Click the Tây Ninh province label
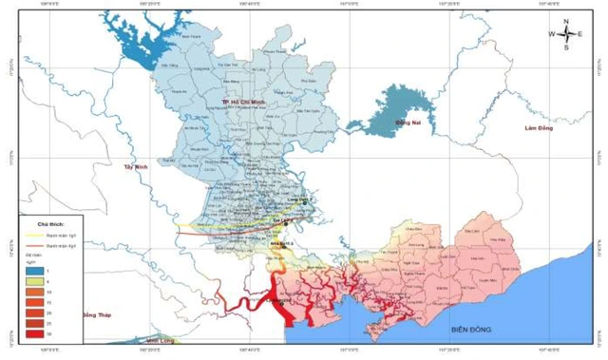pyautogui.click(x=138, y=166)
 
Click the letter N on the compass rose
pyautogui.click(x=566, y=21)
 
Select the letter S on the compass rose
pyautogui.click(x=566, y=47)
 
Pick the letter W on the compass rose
pyautogui.click(x=552, y=33)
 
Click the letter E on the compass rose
pyautogui.click(x=580, y=33)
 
